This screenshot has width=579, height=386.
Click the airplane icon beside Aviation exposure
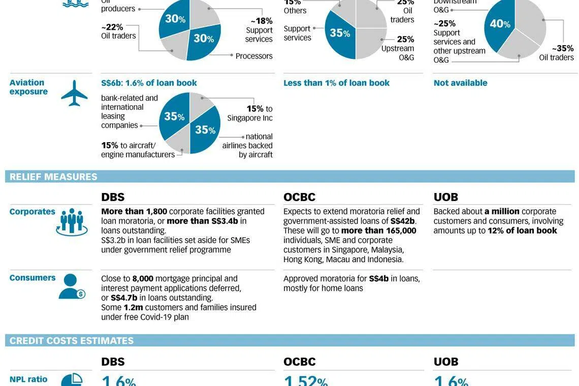click(74, 93)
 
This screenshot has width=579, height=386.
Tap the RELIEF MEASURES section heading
click(53, 177)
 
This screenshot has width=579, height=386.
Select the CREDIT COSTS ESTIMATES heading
click(72, 340)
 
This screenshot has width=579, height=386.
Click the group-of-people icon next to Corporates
click(72, 221)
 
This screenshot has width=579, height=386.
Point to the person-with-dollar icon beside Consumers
click(71, 286)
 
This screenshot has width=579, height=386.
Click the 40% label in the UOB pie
click(500, 24)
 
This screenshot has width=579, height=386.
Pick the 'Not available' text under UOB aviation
click(460, 83)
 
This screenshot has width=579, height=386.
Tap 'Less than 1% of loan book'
click(336, 83)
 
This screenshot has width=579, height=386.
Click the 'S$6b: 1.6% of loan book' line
click(149, 83)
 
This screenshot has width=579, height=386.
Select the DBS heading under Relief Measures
click(113, 197)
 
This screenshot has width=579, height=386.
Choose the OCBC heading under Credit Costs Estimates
click(299, 362)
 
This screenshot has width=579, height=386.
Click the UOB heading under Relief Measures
click(445, 197)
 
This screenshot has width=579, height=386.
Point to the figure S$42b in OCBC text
click(403, 221)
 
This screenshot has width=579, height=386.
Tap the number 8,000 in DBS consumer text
click(143, 278)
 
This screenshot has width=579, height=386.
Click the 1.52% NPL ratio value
click(305, 380)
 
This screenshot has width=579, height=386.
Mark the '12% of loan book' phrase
click(522, 231)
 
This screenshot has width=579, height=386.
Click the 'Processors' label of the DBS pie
click(254, 56)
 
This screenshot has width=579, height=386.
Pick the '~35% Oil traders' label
click(557, 53)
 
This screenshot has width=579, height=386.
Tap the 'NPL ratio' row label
click(28, 379)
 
